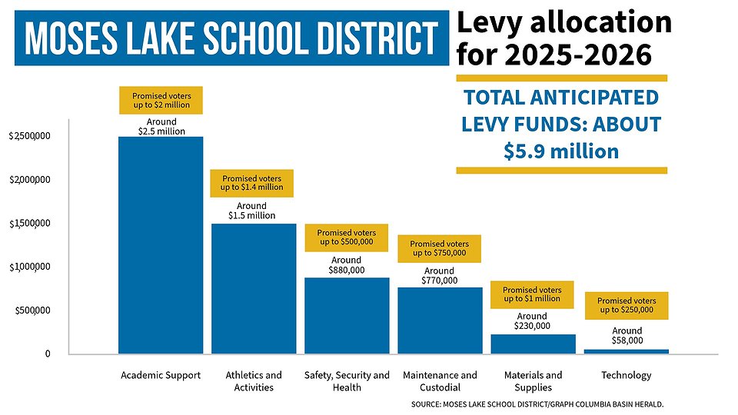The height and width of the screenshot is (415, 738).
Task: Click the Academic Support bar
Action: [x=161, y=245]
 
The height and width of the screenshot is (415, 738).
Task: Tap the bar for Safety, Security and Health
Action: [x=347, y=315]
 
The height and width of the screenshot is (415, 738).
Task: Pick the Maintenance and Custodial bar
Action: [x=440, y=320]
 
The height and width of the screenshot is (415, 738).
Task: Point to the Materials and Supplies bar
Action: [x=533, y=344]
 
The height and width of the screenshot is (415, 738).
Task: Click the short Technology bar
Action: [x=626, y=351]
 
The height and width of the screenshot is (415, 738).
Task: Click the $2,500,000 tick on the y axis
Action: [x=29, y=137]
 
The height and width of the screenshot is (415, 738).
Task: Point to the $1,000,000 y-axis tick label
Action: [x=29, y=267]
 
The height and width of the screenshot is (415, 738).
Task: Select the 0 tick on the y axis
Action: [x=46, y=354]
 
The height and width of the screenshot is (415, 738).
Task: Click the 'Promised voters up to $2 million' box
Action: [x=161, y=100]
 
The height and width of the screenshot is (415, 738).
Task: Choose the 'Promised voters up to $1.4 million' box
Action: [x=251, y=183]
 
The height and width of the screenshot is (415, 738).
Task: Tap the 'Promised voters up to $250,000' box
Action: [x=626, y=306]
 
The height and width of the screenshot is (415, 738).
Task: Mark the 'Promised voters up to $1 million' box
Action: [x=532, y=294]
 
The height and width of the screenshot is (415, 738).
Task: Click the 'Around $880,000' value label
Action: [x=347, y=265]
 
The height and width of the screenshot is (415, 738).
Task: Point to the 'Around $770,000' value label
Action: [x=440, y=276]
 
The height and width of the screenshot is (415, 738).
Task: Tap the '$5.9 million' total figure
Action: [x=561, y=151]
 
